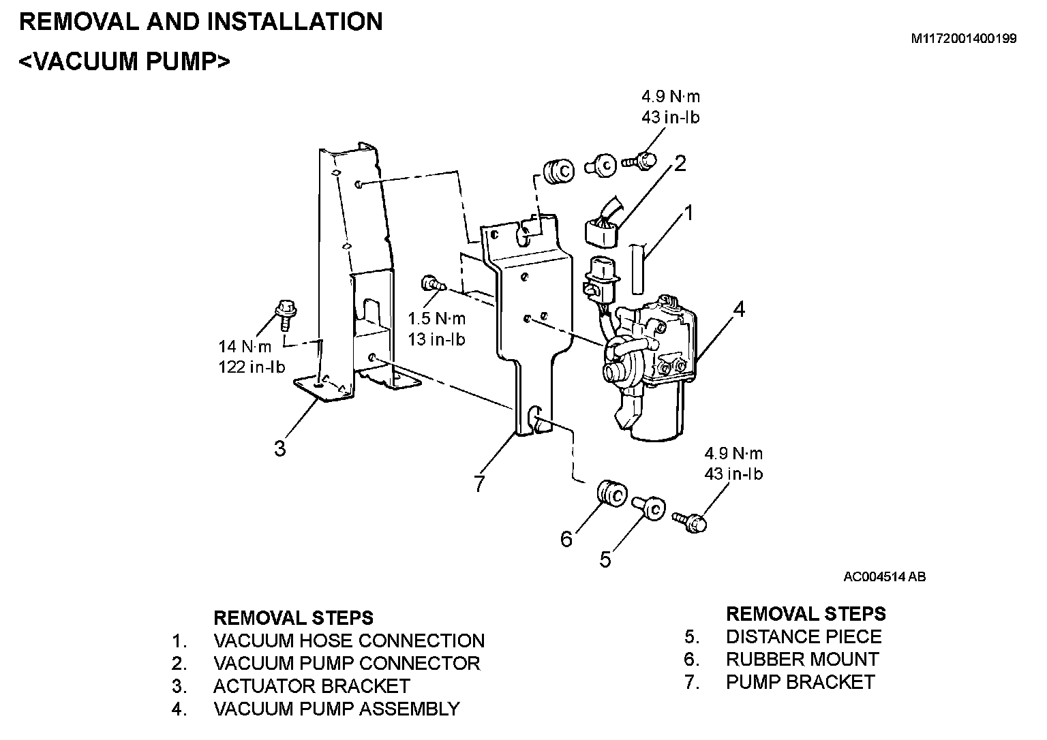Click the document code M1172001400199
point(964,39)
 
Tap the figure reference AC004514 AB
point(884,577)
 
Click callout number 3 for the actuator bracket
point(279,449)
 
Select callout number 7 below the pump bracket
point(479,483)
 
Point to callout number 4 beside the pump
point(739,309)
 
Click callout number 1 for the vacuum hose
point(688,213)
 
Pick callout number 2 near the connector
point(680,164)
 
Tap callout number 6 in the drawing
point(566,539)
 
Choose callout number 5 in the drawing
point(605,559)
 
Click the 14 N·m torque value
point(245,346)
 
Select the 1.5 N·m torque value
point(437,318)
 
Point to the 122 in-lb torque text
point(252,367)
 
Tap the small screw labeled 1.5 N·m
point(431,282)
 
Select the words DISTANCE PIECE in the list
point(803,636)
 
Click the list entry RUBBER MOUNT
point(802,659)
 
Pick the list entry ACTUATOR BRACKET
point(312,685)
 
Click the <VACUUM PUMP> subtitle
point(125,61)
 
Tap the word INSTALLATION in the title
point(294,22)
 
